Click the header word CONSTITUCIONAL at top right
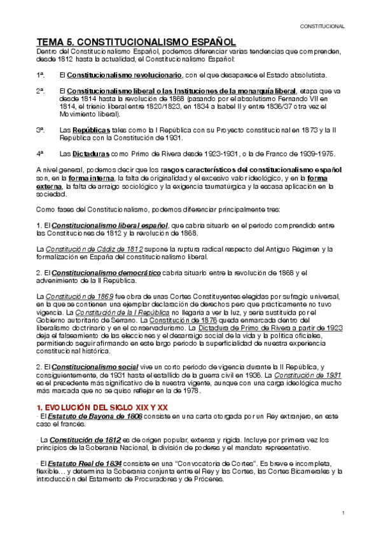(322, 27)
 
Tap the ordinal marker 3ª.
(40, 130)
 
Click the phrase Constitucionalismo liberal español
(110, 225)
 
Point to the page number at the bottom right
(343, 512)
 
